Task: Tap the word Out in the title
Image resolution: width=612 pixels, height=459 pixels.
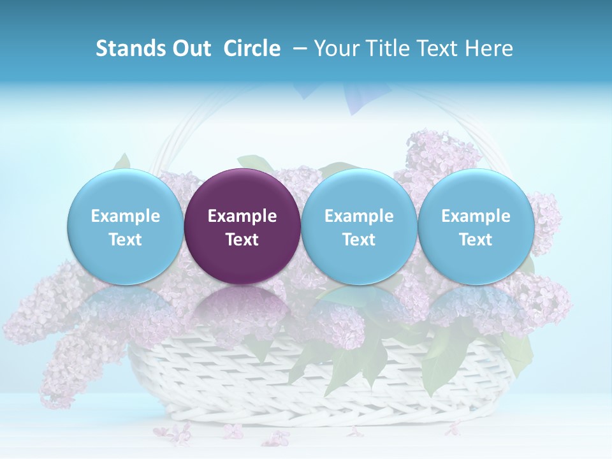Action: (x=191, y=48)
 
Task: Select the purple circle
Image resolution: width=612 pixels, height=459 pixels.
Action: (x=242, y=226)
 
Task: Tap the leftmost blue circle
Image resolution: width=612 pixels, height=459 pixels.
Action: (x=125, y=226)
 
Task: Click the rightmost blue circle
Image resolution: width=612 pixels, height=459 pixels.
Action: (x=476, y=226)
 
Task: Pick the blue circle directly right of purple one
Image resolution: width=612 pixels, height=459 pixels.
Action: (x=359, y=226)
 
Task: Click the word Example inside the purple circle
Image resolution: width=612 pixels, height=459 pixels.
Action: (x=242, y=216)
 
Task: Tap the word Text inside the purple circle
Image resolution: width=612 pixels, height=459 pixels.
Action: (x=242, y=240)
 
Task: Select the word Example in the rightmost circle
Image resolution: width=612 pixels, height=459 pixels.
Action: (x=476, y=216)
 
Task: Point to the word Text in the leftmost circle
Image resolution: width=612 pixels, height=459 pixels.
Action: (x=125, y=240)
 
